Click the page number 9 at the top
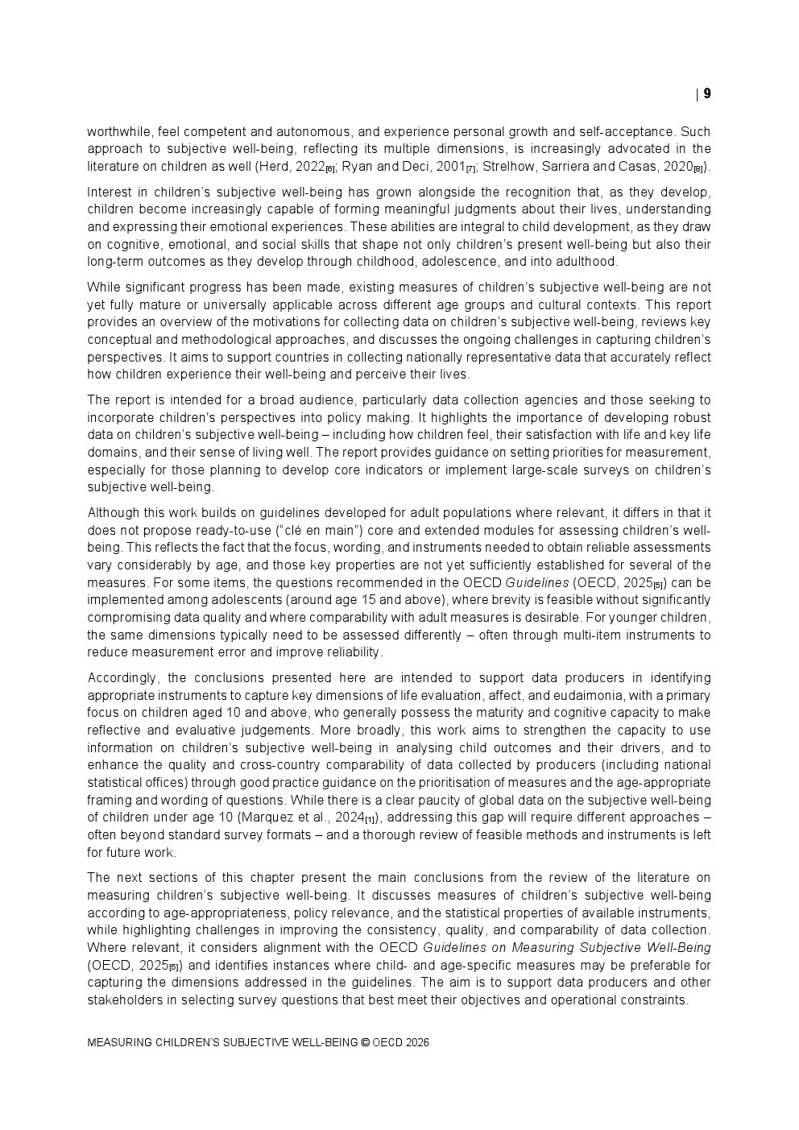(x=707, y=93)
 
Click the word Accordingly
(x=119, y=678)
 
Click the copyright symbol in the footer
(x=365, y=1043)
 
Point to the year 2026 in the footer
(x=417, y=1043)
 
